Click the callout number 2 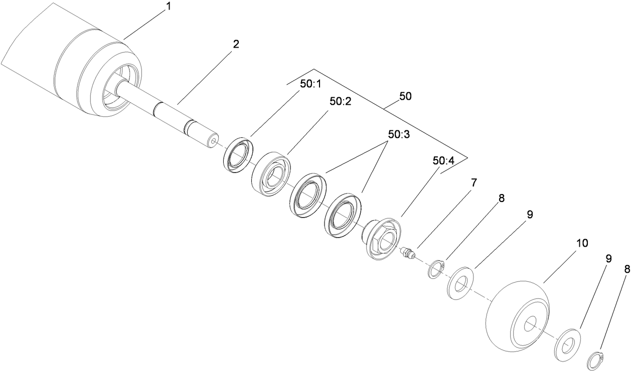[236, 44]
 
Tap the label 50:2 [341, 101]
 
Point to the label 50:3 [399, 135]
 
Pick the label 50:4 [443, 161]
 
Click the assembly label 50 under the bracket [405, 96]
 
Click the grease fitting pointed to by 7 [408, 252]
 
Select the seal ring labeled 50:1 [238, 154]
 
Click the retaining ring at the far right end [596, 361]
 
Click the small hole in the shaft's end [215, 142]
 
